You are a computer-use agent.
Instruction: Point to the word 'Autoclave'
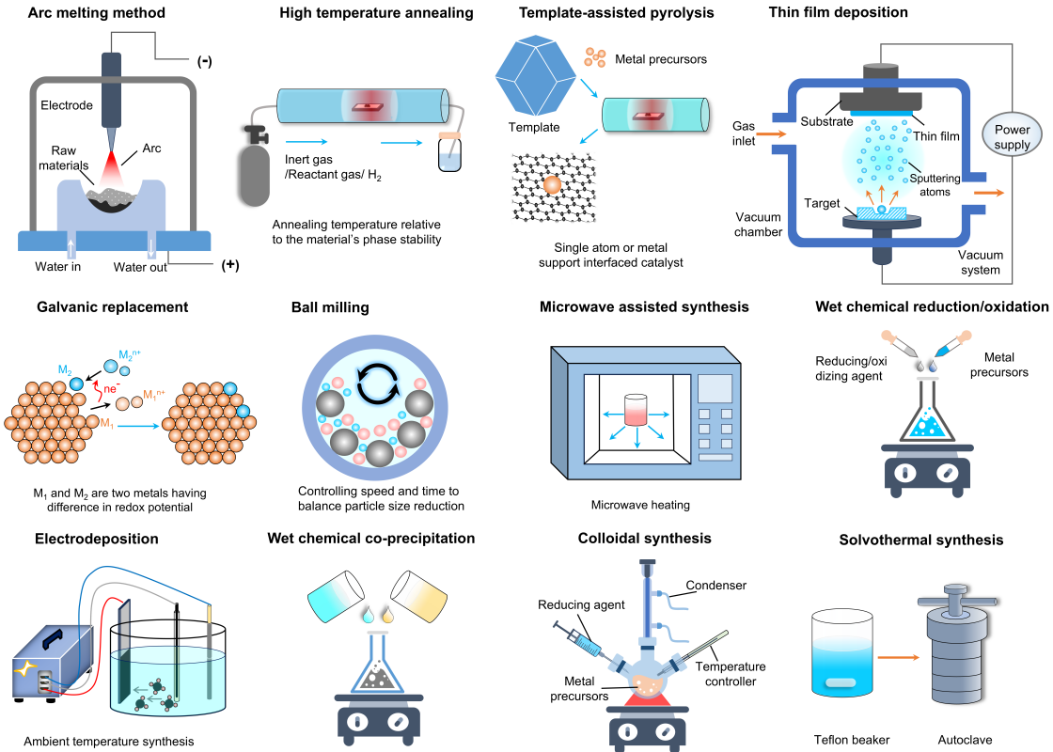pyautogui.click(x=964, y=740)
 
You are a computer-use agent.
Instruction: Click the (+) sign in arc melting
pyautogui.click(x=229, y=265)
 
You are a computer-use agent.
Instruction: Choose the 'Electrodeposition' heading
pyautogui.click(x=97, y=539)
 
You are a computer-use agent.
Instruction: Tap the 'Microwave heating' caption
pyautogui.click(x=640, y=505)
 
